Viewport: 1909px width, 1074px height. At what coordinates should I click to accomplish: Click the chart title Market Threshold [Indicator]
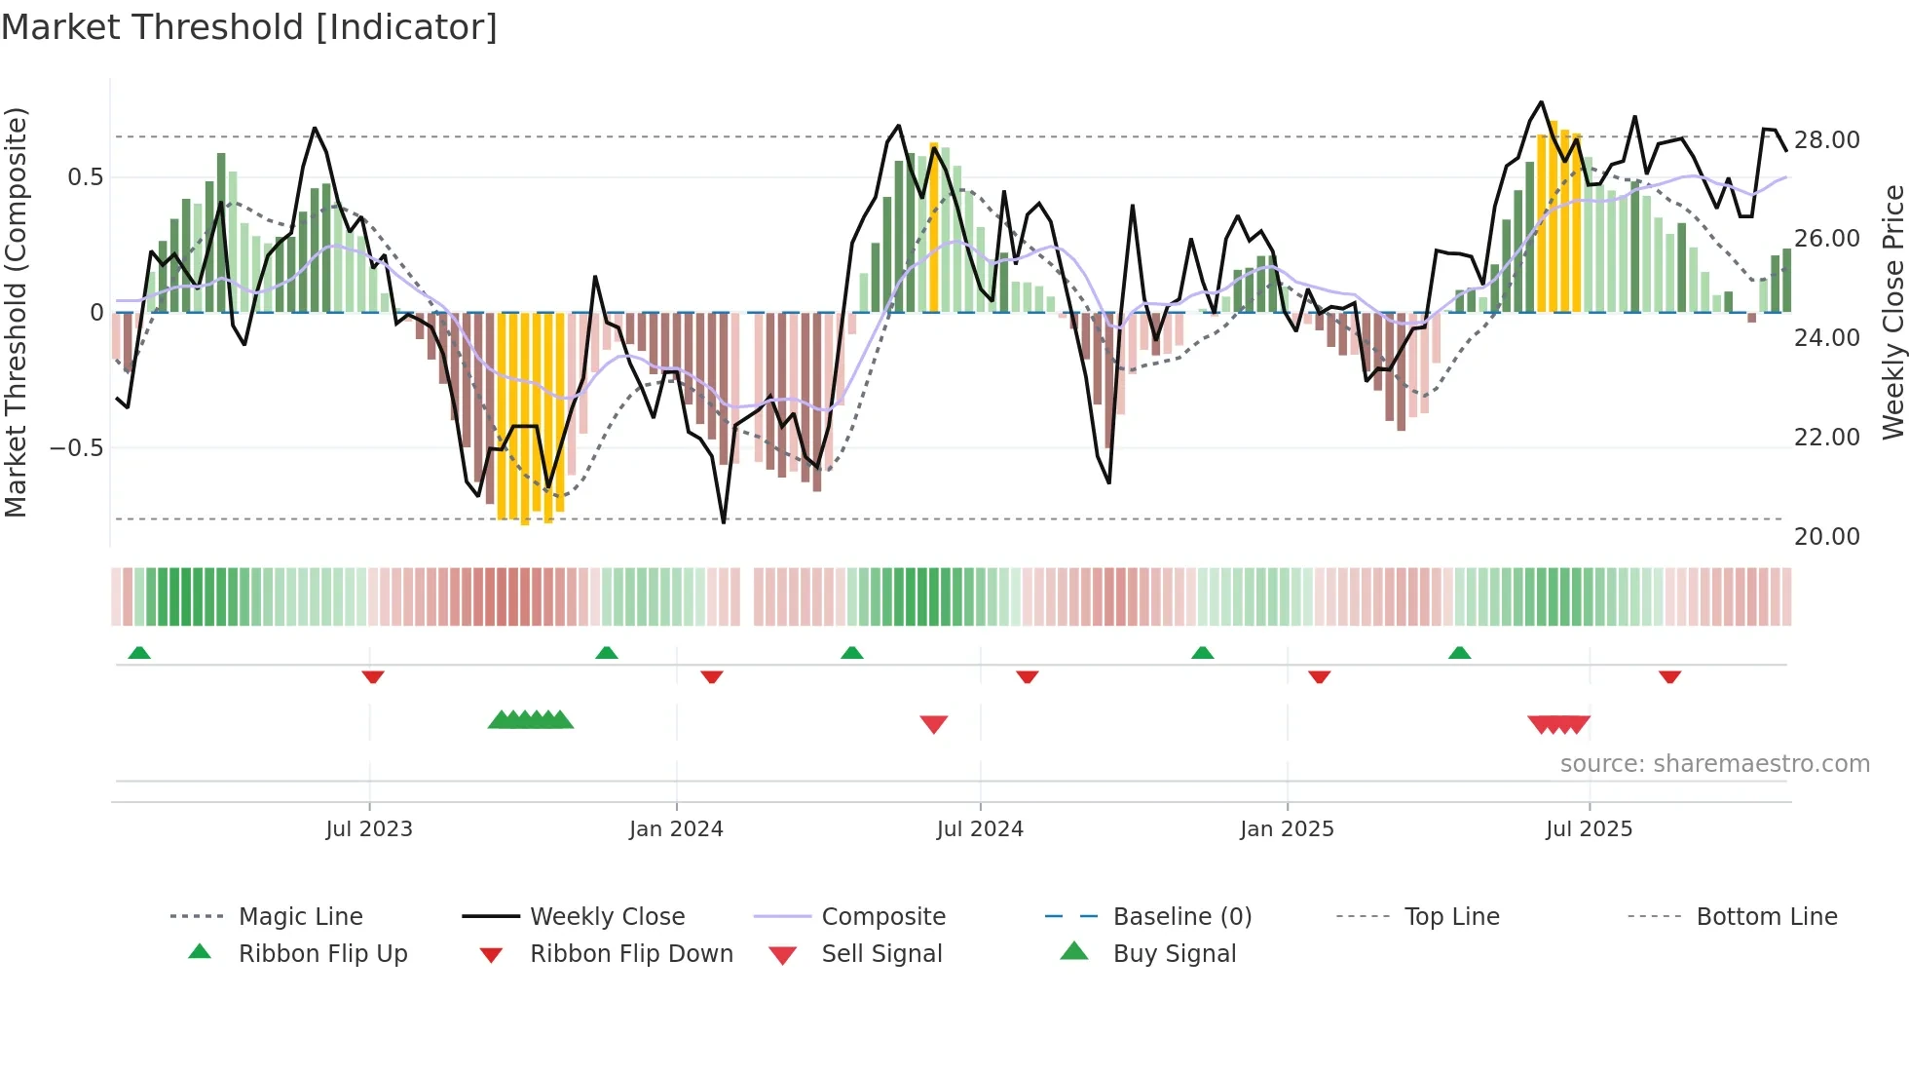click(249, 27)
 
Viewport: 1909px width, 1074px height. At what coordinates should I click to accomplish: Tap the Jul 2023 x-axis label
click(369, 828)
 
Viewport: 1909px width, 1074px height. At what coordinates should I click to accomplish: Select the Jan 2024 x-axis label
click(676, 828)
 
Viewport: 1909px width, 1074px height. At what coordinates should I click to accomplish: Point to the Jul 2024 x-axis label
click(980, 828)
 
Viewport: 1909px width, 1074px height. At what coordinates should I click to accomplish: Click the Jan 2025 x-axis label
click(1287, 828)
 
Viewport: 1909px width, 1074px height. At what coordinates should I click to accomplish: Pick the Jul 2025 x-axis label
click(1589, 828)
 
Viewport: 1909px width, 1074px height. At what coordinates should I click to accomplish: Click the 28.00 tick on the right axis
click(1826, 140)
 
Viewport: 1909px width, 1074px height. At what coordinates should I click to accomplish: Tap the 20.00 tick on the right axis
click(1826, 536)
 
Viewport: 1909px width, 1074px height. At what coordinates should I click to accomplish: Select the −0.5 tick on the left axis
click(76, 448)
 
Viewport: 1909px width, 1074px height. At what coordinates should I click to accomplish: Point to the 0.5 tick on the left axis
click(85, 177)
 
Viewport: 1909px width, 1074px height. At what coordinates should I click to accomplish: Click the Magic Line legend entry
click(300, 916)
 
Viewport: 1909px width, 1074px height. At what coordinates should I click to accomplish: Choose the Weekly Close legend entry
click(607, 916)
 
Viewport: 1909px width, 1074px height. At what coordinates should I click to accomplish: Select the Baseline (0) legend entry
click(1181, 916)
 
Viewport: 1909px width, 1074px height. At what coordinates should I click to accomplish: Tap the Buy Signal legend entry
click(1174, 953)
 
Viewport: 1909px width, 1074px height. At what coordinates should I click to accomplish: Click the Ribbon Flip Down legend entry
click(630, 953)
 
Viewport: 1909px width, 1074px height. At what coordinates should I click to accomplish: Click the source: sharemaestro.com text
click(1714, 763)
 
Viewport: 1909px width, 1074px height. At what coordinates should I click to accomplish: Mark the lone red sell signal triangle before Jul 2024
click(934, 724)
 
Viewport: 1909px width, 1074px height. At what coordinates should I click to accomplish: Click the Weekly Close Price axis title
click(1892, 312)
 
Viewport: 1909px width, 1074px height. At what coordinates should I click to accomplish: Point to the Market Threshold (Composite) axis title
click(16, 312)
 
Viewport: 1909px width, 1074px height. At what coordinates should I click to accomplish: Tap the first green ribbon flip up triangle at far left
click(139, 653)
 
